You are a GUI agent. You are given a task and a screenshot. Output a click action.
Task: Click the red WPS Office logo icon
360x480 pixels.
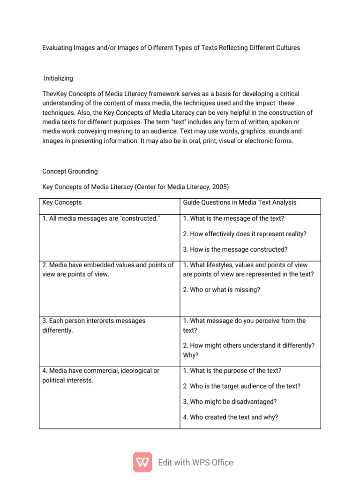point(142,462)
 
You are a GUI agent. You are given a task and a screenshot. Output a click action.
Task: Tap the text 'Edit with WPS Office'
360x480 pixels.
point(195,463)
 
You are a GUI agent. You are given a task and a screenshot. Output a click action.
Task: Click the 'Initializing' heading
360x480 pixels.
point(59,78)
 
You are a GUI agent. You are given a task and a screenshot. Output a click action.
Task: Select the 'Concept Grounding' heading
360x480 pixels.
point(70,172)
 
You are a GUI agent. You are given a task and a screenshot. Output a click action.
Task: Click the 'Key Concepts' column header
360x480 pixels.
point(62,202)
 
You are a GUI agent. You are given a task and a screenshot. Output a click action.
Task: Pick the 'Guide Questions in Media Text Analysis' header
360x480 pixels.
point(240,202)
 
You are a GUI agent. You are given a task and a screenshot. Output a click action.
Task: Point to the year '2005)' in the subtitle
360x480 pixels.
point(220,187)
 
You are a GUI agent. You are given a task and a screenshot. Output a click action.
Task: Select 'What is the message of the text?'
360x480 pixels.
point(233,218)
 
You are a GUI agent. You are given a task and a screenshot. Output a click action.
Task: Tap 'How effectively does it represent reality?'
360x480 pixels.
point(245,234)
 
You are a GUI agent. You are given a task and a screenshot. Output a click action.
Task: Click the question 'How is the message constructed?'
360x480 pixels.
point(235,249)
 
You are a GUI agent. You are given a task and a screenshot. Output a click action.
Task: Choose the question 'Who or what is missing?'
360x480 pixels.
point(221,290)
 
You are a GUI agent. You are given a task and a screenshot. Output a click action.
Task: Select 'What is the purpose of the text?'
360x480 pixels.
point(232,371)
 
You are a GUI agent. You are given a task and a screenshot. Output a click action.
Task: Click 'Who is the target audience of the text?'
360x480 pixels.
point(241,386)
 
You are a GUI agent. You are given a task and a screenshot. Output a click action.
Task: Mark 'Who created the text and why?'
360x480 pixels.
point(231,417)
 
